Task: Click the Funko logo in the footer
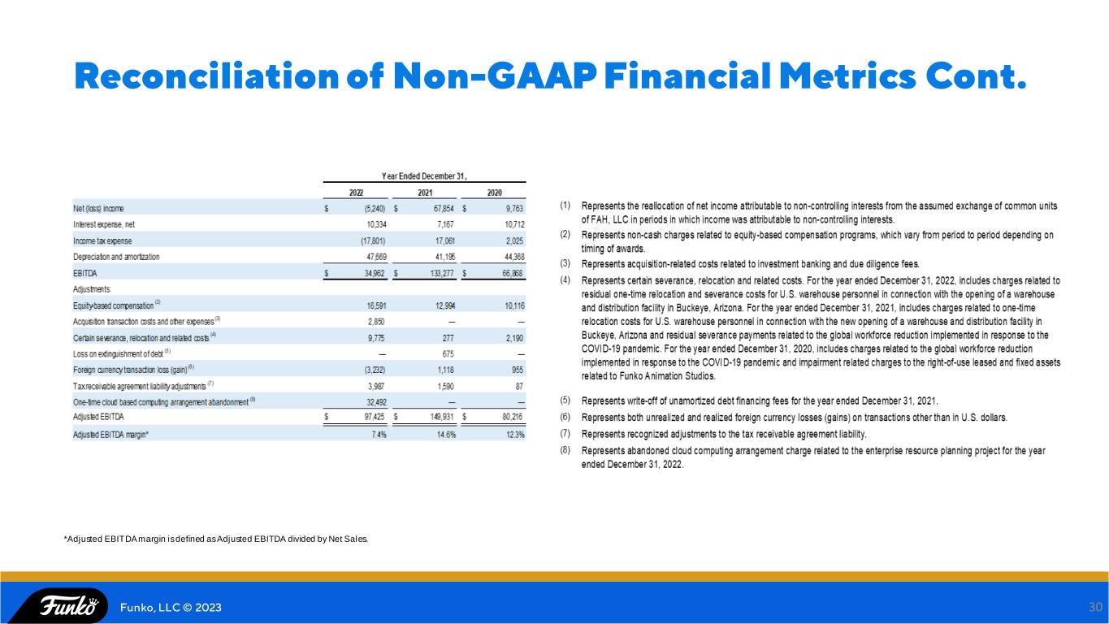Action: point(69,606)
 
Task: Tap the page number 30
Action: point(1095,607)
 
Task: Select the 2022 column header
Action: point(356,193)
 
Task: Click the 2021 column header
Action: point(425,193)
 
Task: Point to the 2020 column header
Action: point(494,193)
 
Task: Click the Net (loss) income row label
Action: point(98,209)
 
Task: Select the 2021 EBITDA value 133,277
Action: point(442,273)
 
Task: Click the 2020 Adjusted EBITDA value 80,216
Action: point(513,417)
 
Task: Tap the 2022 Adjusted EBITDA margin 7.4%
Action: point(379,435)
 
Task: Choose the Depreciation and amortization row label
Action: point(116,257)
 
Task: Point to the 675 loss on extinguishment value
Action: point(448,354)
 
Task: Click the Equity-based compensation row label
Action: point(114,305)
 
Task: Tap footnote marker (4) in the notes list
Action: point(565,280)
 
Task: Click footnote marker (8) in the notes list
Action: point(565,450)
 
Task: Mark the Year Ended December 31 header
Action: point(424,176)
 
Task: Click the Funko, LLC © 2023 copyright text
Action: point(171,607)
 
